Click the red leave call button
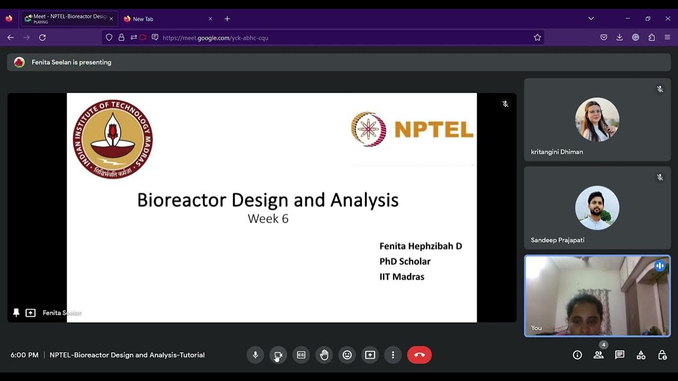pyautogui.click(x=420, y=355)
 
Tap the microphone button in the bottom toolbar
pyautogui.click(x=255, y=355)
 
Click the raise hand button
pyautogui.click(x=324, y=355)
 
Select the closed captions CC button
pyautogui.click(x=301, y=355)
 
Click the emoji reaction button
pyautogui.click(x=347, y=355)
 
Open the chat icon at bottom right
pyautogui.click(x=620, y=355)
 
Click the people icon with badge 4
pyautogui.click(x=599, y=355)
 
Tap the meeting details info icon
pyautogui.click(x=577, y=355)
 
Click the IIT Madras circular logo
pyautogui.click(x=112, y=139)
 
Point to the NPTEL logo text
pyautogui.click(x=433, y=130)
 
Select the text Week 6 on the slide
pyautogui.click(x=268, y=219)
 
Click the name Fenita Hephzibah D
pyautogui.click(x=421, y=246)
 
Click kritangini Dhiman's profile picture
pyautogui.click(x=597, y=120)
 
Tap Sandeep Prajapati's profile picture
pyautogui.click(x=597, y=208)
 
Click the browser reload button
pyautogui.click(x=42, y=38)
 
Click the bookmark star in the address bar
pyautogui.click(x=537, y=38)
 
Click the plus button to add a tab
pyautogui.click(x=227, y=19)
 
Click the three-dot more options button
pyautogui.click(x=392, y=355)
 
